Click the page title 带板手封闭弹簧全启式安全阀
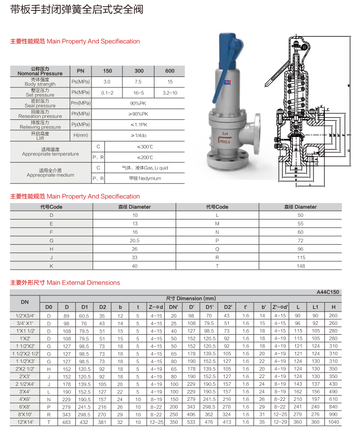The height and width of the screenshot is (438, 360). click(x=77, y=10)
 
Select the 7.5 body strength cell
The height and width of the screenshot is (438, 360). click(x=139, y=82)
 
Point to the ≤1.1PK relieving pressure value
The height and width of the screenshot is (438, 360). click(x=138, y=124)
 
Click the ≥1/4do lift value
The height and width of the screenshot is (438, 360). click(x=138, y=135)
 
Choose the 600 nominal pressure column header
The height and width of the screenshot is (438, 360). click(x=170, y=71)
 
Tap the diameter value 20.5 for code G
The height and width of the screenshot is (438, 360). click(x=135, y=241)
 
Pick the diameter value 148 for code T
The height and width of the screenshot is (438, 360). click(x=300, y=265)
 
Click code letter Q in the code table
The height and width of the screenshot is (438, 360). click(x=217, y=249)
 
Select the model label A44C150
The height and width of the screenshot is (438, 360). click(x=328, y=292)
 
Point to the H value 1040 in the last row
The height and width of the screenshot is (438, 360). click(x=333, y=423)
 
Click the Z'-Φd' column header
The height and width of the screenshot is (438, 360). click(x=280, y=307)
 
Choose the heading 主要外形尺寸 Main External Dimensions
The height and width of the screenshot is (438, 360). click(x=65, y=283)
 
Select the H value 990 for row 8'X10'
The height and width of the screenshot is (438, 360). click(x=333, y=414)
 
